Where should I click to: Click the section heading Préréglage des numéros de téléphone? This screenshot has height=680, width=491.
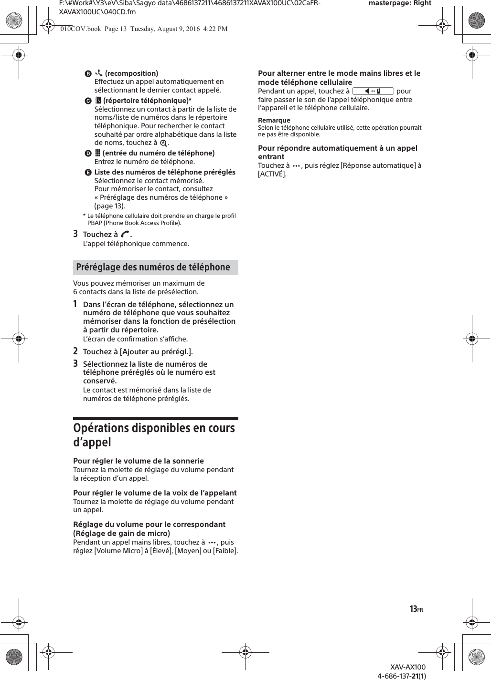click(x=153, y=267)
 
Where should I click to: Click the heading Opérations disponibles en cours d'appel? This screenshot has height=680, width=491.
click(x=154, y=434)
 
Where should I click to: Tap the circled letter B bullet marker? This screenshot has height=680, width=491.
click(x=88, y=74)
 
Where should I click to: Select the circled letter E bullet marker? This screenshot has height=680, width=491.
click(x=88, y=173)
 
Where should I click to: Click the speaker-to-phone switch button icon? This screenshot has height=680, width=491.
click(x=373, y=91)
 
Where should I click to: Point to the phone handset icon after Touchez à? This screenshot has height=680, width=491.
click(x=125, y=234)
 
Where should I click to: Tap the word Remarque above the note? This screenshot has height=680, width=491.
click(x=274, y=120)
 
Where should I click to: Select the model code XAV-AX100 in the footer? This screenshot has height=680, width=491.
click(x=407, y=667)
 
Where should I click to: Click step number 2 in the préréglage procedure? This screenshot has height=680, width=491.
click(x=75, y=351)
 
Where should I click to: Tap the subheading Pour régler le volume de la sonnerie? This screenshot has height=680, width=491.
click(x=138, y=461)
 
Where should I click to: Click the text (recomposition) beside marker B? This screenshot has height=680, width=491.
click(x=131, y=73)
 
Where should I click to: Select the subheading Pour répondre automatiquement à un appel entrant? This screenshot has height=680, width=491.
click(x=337, y=152)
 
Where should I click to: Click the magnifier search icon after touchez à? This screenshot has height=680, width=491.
click(x=164, y=143)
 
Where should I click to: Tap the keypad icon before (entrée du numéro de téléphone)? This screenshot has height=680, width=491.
click(x=97, y=153)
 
